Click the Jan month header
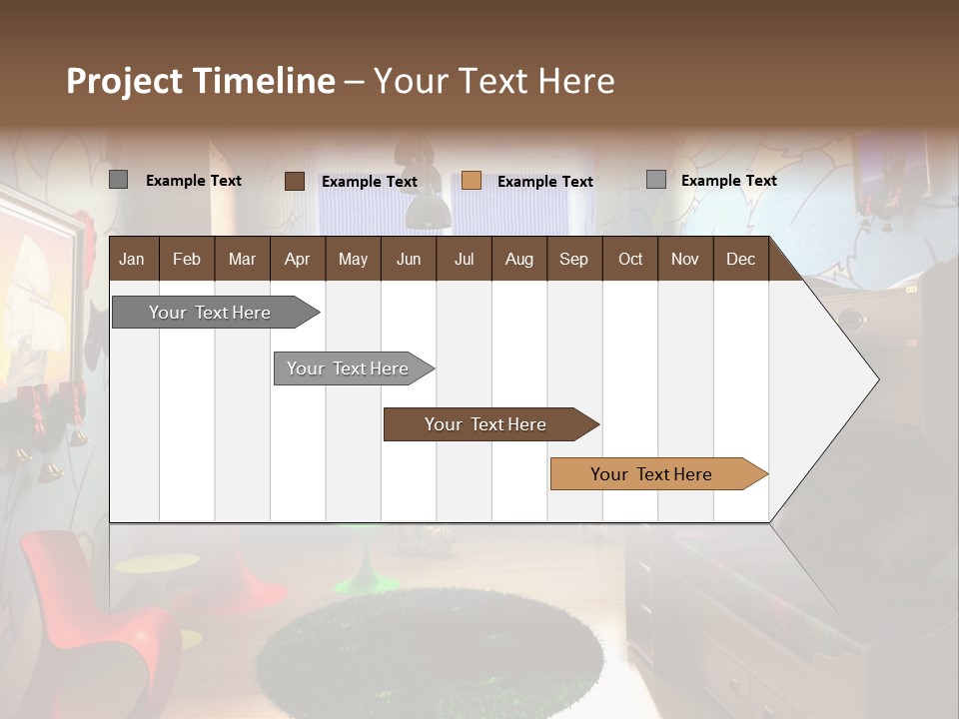pyautogui.click(x=132, y=259)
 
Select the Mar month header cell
pyautogui.click(x=242, y=259)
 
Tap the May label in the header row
pyautogui.click(x=353, y=259)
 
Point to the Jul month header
pyautogui.click(x=464, y=259)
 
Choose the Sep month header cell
pyautogui.click(x=573, y=259)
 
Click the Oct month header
pyautogui.click(x=630, y=259)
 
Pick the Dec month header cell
pyautogui.click(x=740, y=259)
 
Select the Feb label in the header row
pyautogui.click(x=187, y=259)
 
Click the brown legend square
pyautogui.click(x=295, y=181)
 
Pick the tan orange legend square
pyautogui.click(x=472, y=181)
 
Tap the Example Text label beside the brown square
pyautogui.click(x=369, y=182)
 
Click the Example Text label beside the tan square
pyautogui.click(x=544, y=182)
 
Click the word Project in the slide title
pyautogui.click(x=125, y=81)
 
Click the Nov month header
pyautogui.click(x=685, y=259)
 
